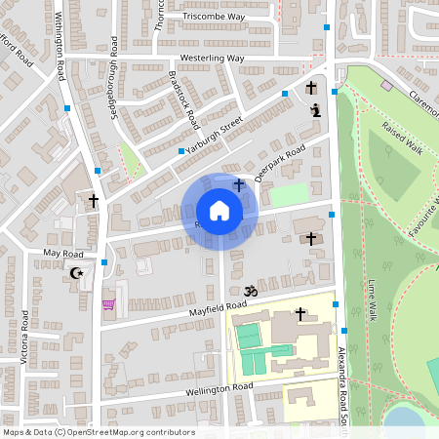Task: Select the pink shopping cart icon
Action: (108, 304)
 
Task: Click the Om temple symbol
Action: (249, 290)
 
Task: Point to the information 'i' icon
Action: (315, 110)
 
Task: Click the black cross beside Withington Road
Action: (94, 201)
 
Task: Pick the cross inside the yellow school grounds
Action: (300, 314)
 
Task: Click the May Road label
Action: (65, 253)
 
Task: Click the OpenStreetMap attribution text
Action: (98, 432)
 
